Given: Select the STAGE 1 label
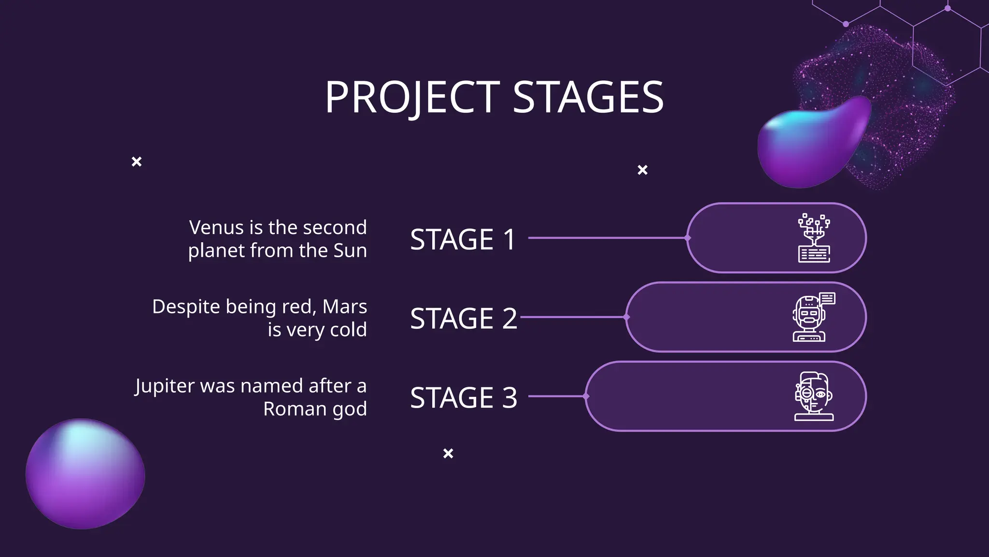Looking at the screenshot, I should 463,239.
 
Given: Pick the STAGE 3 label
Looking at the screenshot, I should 463,397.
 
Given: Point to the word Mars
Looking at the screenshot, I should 344,307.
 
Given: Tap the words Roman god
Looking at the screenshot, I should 315,409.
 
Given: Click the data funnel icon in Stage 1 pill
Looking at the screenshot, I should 814,238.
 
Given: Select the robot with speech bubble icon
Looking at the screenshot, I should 813,317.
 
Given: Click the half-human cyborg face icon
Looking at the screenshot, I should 814,396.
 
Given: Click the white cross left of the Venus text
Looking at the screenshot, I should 137,161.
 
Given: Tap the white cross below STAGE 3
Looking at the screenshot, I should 448,454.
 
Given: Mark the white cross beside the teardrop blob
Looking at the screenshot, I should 642,170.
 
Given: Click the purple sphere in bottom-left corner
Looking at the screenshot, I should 85,474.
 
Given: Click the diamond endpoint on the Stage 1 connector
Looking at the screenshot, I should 688,238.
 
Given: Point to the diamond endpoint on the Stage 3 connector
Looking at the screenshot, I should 586,396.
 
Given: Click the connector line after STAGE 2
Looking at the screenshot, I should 572,317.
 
